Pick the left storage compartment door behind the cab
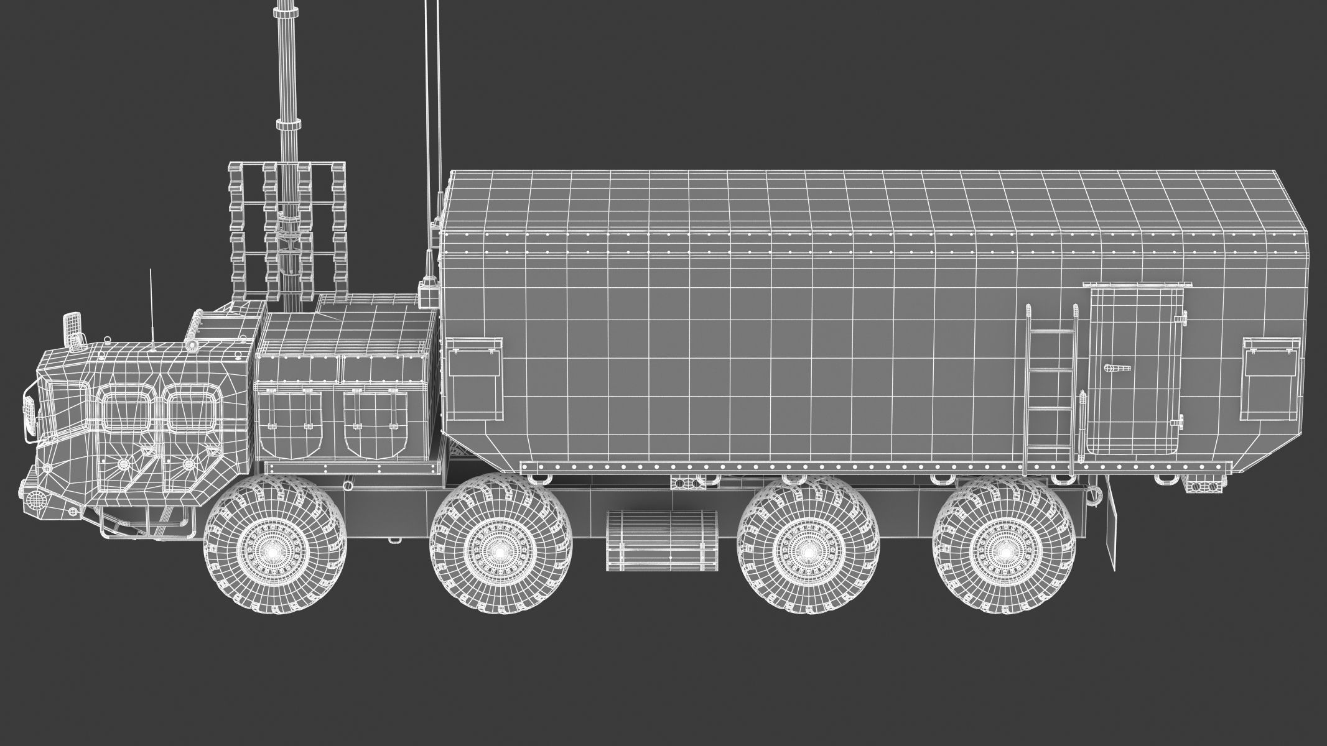pyautogui.click(x=291, y=423)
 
